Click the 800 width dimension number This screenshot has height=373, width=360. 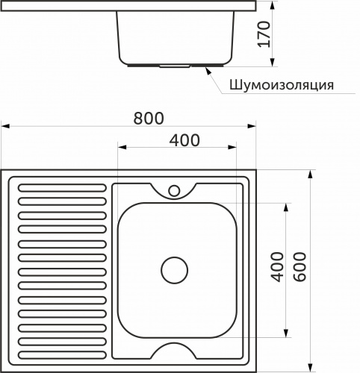149,118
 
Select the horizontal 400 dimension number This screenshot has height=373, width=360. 184,139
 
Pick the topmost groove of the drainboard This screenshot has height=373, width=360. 62,188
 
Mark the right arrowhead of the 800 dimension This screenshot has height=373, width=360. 253,127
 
